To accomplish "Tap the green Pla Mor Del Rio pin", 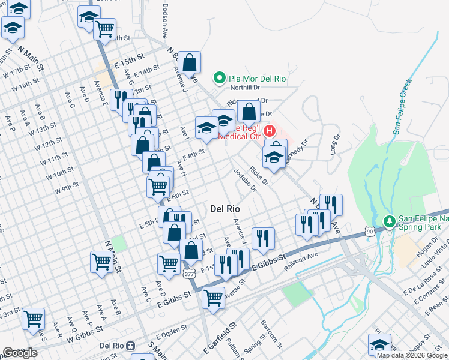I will coord(220,78).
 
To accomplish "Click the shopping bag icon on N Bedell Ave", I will coord(189,63).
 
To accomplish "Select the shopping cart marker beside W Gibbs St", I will coord(33,319).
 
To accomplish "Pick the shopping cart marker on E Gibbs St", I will coord(213,298).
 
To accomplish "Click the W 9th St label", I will coord(67,188).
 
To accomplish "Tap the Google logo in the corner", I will coord(20,353).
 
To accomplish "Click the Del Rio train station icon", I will coord(136,346).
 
